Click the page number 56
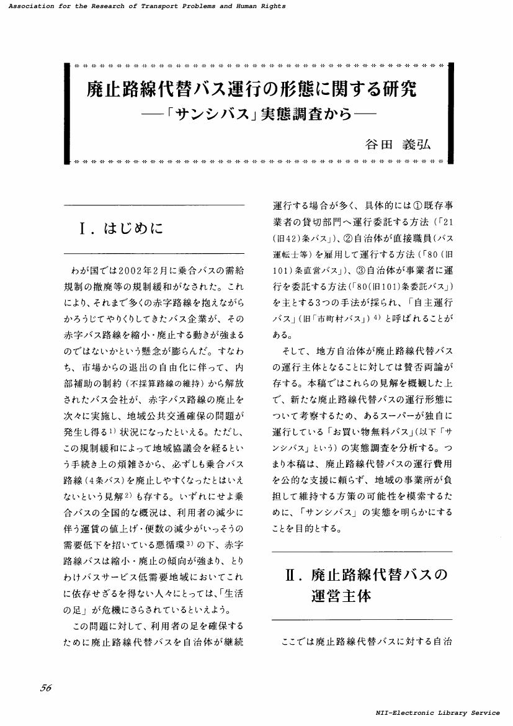(x=45, y=687)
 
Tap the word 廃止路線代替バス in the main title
(x=156, y=89)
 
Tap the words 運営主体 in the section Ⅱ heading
(x=341, y=596)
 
